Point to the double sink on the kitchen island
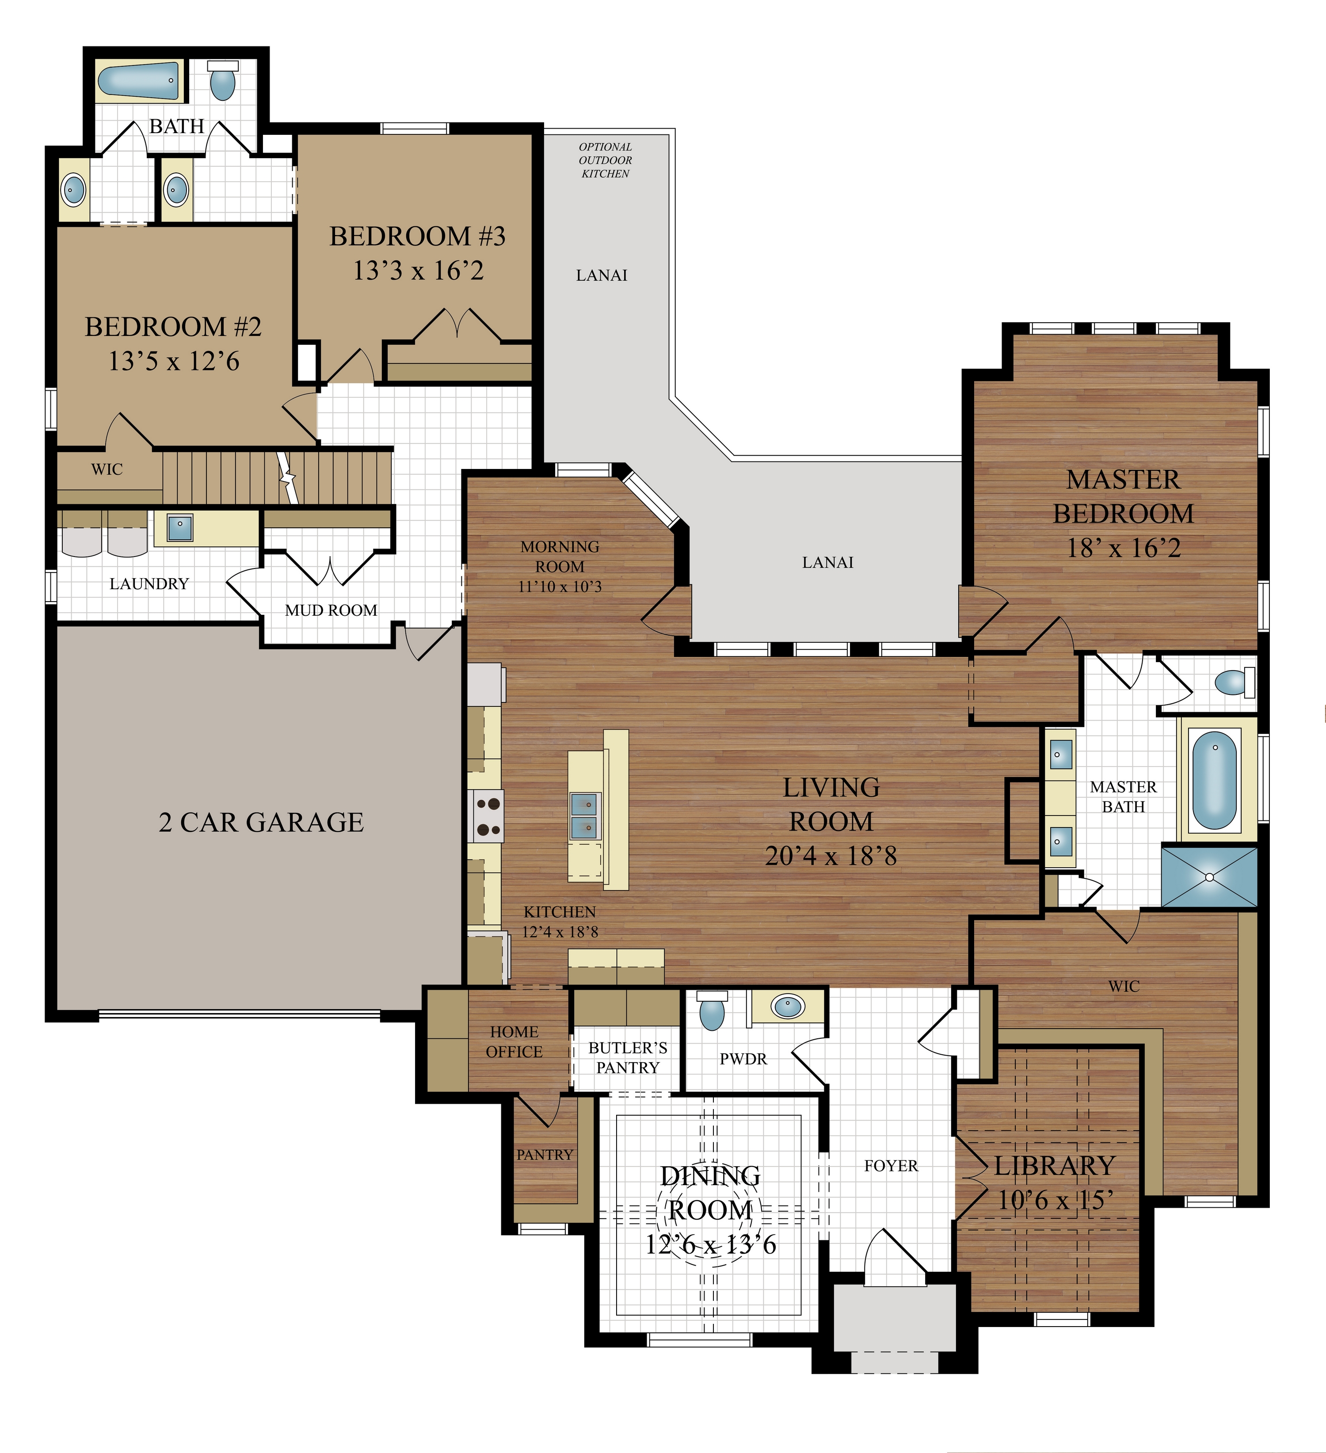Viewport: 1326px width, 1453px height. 584,815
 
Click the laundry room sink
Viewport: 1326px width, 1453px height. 179,527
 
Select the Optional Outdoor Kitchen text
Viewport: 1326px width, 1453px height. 606,160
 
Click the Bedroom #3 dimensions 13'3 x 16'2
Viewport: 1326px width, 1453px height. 418,271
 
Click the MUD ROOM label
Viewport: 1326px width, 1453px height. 331,610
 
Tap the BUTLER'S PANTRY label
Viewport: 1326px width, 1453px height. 628,1057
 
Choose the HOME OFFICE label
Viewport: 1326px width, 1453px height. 514,1041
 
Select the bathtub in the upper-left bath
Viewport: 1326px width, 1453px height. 137,81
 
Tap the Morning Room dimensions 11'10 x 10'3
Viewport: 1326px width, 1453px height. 560,587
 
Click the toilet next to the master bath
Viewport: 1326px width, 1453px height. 1235,682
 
